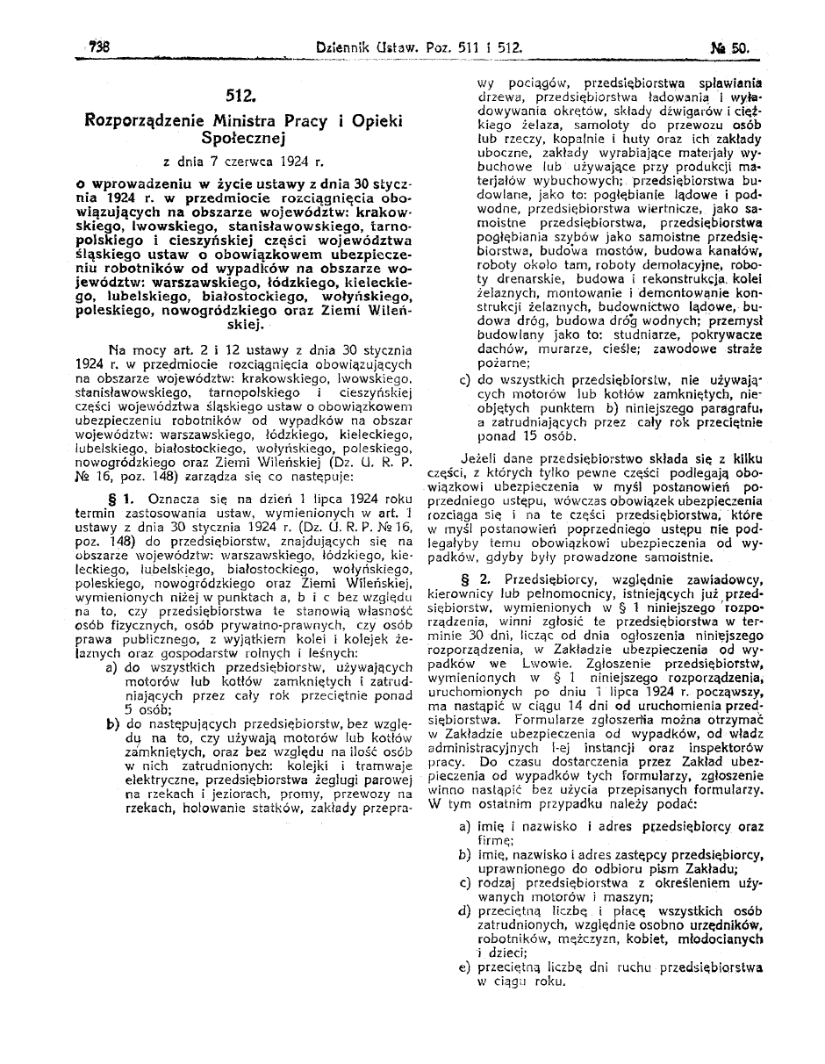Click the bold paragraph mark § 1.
point(119,498)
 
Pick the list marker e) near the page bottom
point(464,967)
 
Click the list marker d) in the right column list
point(464,911)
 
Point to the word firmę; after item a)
point(495,840)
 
